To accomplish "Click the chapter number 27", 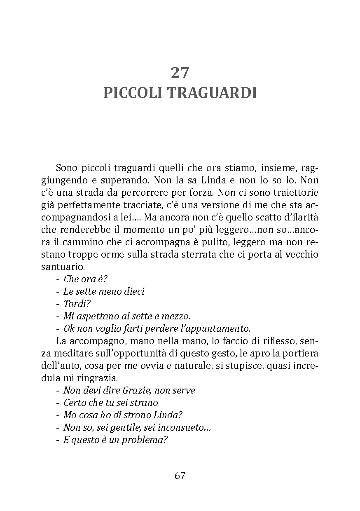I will [180, 73].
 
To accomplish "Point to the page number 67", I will [180, 475].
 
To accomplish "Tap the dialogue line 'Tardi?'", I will [77, 304].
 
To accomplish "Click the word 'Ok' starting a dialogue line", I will [68, 328].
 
